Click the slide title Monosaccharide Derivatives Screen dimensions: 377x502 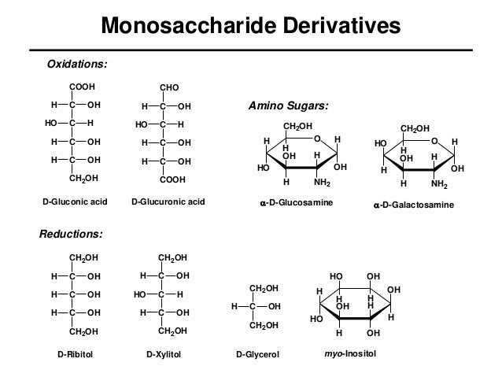[251, 28]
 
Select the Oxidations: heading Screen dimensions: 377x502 [79, 61]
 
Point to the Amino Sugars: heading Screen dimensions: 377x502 [283, 105]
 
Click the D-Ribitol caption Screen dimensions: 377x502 [76, 355]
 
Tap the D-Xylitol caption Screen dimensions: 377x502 [164, 355]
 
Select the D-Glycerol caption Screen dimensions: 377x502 [259, 355]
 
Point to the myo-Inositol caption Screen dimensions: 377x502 [351, 355]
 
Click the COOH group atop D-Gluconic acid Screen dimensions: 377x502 [82, 86]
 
